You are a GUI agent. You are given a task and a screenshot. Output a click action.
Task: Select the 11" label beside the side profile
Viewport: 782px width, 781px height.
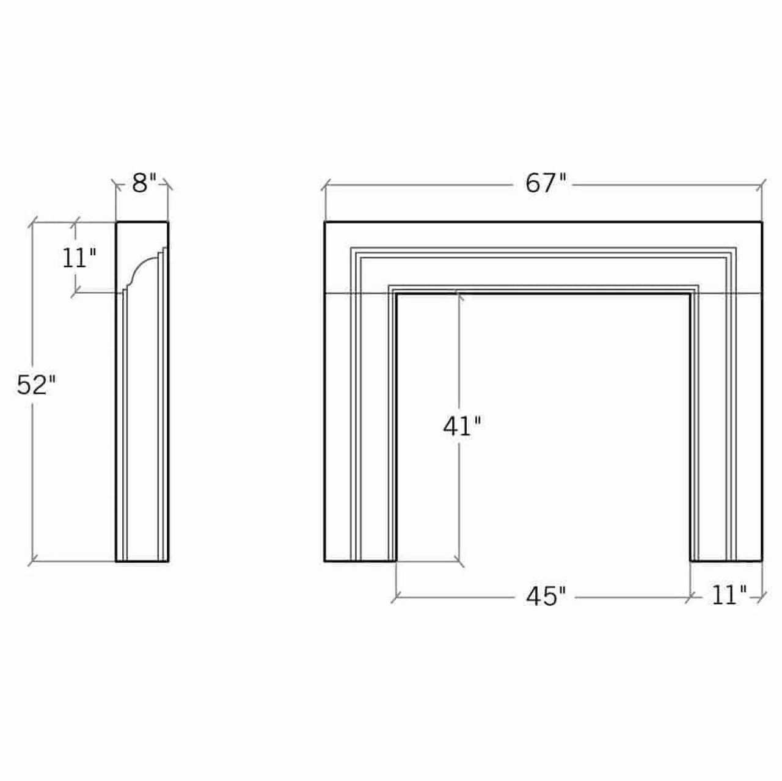79,258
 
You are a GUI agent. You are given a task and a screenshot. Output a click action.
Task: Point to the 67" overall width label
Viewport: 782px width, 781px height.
546,183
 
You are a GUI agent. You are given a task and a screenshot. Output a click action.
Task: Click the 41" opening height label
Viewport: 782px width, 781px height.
462,426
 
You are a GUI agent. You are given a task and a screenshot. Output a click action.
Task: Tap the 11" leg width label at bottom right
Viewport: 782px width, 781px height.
728,595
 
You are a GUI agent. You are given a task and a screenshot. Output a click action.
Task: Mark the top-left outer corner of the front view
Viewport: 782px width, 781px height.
325,222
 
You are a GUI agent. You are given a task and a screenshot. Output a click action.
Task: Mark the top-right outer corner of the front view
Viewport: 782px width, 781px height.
762,222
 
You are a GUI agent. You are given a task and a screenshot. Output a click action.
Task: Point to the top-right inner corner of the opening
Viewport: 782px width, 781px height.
690,294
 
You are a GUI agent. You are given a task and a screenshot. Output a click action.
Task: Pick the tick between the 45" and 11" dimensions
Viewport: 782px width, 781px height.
690,597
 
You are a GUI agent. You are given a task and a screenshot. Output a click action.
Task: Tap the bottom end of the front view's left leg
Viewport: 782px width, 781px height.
360,560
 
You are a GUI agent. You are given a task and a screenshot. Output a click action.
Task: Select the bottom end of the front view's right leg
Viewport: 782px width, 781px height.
726,560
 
